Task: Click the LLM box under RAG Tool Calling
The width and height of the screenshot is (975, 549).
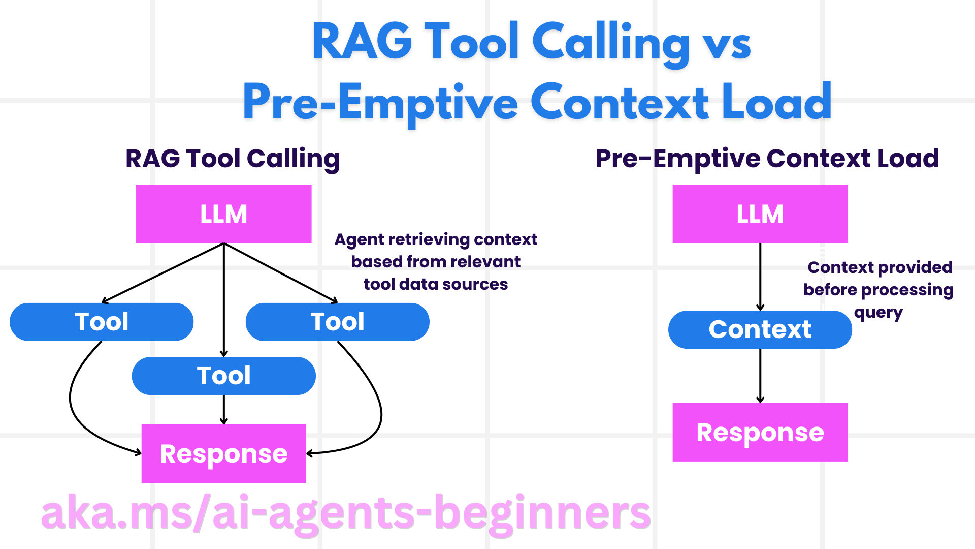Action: [223, 213]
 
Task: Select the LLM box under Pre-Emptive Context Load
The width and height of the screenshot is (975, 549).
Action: [760, 213]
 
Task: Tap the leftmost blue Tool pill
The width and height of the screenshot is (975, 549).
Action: [102, 322]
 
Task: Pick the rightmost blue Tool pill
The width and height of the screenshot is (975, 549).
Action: [337, 322]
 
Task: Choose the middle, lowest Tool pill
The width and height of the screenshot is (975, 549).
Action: [223, 376]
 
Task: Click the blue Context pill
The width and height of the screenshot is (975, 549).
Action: [760, 329]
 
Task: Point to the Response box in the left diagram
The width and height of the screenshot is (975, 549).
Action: [223, 453]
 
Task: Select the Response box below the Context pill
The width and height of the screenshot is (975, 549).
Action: [760, 432]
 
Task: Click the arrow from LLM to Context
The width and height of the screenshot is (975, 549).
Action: [760, 277]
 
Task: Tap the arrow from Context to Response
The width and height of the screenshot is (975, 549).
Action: [760, 376]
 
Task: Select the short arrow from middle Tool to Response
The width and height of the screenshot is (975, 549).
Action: [224, 409]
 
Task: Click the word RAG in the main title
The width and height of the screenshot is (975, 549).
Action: [362, 42]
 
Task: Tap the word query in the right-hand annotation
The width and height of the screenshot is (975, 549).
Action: [878, 313]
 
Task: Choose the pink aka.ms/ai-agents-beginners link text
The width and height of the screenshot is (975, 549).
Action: [345, 513]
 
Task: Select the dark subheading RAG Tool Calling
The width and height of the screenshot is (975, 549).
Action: [233, 159]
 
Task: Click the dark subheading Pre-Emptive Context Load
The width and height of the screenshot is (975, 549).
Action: [767, 159]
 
